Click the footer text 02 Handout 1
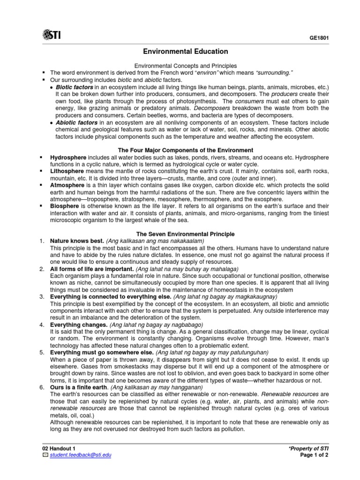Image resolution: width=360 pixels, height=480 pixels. coord(60,449)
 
